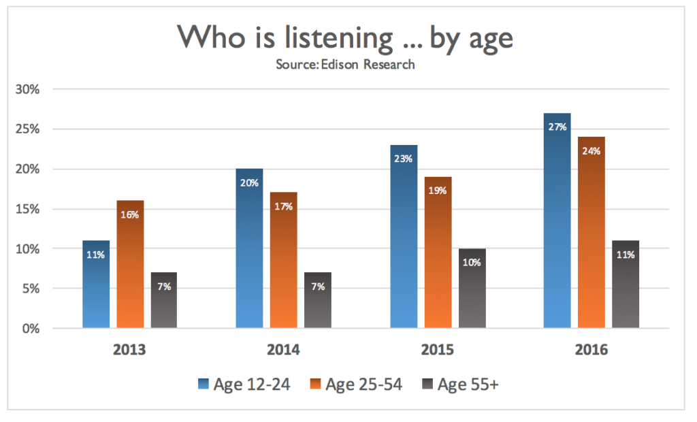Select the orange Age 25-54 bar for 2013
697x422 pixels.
tap(130, 265)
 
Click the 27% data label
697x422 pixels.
tap(557, 127)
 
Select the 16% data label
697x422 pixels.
tap(130, 214)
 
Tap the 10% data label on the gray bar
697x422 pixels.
tap(472, 263)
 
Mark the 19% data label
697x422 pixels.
tap(438, 191)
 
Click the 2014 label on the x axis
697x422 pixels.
tap(283, 351)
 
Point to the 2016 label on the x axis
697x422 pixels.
tap(591, 351)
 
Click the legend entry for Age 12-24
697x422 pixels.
tap(245, 385)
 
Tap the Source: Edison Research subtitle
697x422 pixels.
tap(345, 65)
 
